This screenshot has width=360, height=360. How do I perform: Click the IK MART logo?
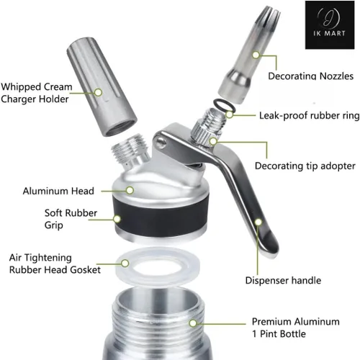point(330,25)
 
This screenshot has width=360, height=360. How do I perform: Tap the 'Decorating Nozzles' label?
point(310,76)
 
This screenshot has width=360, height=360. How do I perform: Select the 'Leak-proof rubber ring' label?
point(309,116)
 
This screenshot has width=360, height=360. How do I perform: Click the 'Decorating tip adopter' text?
point(305,166)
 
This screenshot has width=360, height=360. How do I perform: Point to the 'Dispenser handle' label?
point(283,280)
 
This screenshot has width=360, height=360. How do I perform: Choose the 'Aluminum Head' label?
point(58,191)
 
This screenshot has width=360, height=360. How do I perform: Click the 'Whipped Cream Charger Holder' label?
point(36,93)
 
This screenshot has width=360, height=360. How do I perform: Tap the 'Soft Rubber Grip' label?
point(71,219)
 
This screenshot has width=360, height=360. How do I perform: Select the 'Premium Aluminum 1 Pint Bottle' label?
point(295,328)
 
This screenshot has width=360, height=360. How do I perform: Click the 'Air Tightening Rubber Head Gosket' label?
point(55,264)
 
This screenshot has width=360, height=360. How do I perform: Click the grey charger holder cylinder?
point(102,86)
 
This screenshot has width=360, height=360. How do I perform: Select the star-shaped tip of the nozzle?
point(270,13)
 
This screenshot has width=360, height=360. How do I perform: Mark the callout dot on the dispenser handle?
point(258,222)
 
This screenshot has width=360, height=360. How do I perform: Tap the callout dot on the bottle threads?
point(193,323)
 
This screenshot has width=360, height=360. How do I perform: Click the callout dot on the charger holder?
point(98,92)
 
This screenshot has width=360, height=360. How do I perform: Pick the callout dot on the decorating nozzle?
point(256,55)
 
